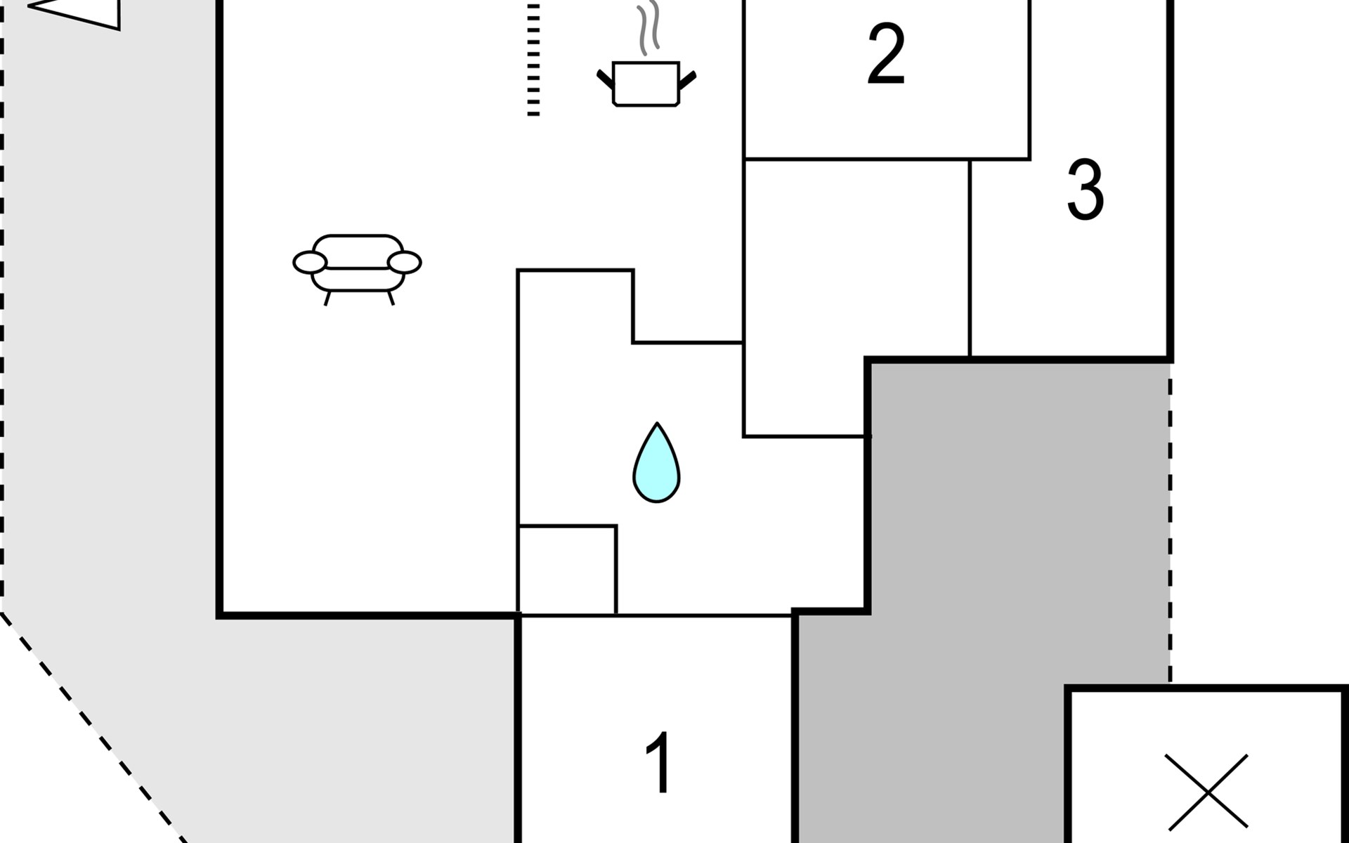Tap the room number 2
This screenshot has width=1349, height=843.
pos(885,54)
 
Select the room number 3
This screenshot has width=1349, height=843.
pos(1085,190)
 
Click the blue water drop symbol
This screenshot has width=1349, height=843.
pos(656,465)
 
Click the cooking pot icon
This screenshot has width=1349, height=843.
pos(646,84)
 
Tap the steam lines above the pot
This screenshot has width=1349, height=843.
pos(649,30)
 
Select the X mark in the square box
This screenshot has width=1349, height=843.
pos(1206,792)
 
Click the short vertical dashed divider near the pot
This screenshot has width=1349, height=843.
pos(533,60)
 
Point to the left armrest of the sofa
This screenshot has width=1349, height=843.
pos(310,262)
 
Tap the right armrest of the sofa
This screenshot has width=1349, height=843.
pos(405,262)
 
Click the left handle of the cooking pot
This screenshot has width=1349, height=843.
pos(605,79)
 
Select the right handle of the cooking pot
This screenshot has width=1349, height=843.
pos(687,79)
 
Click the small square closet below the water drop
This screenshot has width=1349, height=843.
pos(567,570)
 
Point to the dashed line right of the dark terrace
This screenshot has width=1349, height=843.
pos(1171,520)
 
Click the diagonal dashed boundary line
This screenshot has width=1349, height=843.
pos(91,724)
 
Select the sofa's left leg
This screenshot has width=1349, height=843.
pos(327,298)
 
